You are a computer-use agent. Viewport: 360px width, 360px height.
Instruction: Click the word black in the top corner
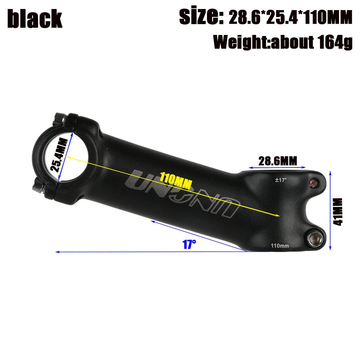point(35,19)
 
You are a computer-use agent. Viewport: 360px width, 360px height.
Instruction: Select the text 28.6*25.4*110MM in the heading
point(290,17)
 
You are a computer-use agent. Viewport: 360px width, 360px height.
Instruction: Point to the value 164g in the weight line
point(335,42)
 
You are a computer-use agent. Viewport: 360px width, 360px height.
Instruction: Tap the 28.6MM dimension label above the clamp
point(278,161)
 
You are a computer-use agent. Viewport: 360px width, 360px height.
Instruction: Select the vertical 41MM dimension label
point(338,212)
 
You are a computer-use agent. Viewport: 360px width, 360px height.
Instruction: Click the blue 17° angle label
point(189,244)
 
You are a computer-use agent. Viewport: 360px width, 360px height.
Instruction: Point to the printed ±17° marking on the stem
point(281,180)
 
